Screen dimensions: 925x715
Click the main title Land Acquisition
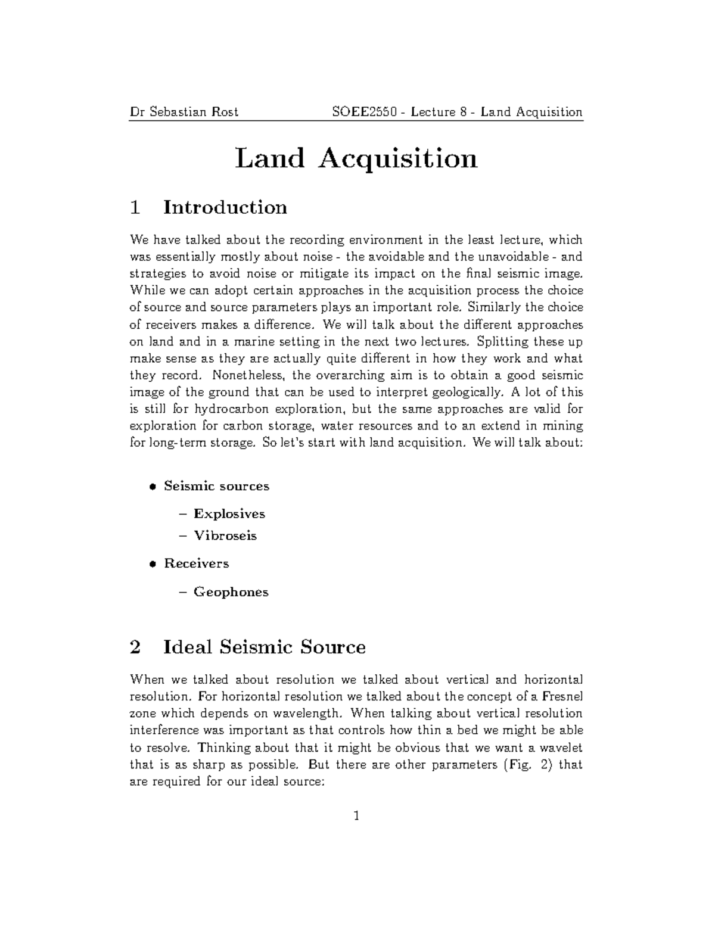point(356,159)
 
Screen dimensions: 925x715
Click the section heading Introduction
point(225,207)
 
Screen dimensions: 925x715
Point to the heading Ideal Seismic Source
point(265,647)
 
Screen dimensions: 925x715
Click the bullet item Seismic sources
point(216,486)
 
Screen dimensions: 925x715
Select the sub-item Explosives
point(229,513)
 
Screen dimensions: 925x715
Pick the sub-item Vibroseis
point(225,535)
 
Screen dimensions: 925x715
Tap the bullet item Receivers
point(196,563)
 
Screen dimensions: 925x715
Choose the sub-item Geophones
point(231,592)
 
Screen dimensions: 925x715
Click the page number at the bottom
point(356,816)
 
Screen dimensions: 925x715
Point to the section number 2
point(135,647)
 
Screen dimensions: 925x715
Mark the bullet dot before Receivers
point(153,563)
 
